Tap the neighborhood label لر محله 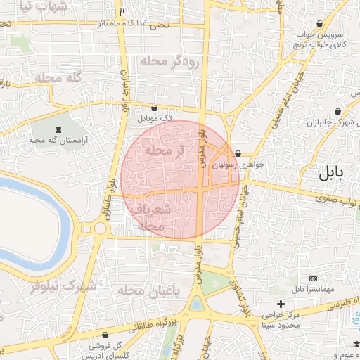(164, 150)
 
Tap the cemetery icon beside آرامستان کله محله (58, 129)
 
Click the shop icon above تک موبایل (155, 108)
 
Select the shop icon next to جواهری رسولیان (238, 153)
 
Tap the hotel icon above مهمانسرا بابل (312, 278)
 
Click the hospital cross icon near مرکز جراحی (281, 304)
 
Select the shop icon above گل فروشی (105, 335)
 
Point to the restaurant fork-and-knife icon (122, 12)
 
